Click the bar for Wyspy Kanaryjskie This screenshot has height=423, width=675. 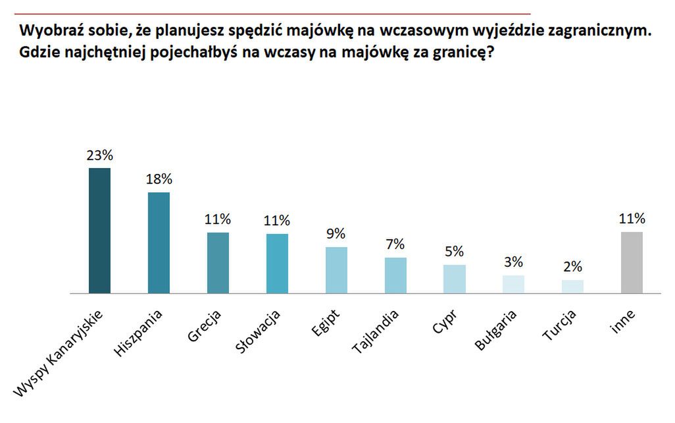(99, 230)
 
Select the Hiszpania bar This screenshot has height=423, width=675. (159, 242)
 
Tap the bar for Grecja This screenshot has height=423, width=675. (218, 262)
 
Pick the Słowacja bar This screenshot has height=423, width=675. (277, 263)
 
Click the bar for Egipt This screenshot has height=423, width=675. (336, 269)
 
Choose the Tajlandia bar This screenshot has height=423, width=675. (395, 275)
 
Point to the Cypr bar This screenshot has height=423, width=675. (455, 279)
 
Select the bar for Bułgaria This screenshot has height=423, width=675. (514, 284)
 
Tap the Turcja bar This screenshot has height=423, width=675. (572, 286)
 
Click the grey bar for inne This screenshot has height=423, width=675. (632, 262)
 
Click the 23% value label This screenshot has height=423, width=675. (99, 155)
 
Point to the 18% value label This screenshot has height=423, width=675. (159, 179)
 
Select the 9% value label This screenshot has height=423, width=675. (336, 234)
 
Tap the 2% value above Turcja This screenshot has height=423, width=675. (572, 267)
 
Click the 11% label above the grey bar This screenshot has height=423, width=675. (632, 219)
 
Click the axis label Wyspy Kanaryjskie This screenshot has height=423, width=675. (59, 356)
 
